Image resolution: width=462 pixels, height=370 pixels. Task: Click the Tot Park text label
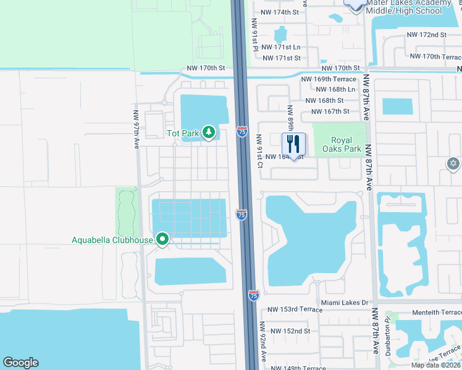click(x=183, y=133)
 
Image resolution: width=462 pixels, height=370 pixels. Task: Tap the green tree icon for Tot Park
click(x=209, y=132)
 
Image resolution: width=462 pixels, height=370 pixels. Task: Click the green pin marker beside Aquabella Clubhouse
click(x=162, y=239)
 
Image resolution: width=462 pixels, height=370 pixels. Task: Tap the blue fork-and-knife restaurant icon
click(x=293, y=144)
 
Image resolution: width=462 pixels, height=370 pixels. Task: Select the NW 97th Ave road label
click(x=136, y=129)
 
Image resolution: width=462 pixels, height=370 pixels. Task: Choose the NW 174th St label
click(x=280, y=12)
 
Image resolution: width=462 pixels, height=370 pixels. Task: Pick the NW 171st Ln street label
click(x=281, y=47)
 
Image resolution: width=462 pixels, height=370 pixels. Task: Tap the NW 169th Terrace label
click(x=329, y=79)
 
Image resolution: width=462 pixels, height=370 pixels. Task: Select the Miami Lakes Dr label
click(x=345, y=303)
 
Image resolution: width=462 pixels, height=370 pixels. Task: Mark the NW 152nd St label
click(x=289, y=331)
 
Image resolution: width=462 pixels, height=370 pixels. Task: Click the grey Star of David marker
click(x=453, y=163)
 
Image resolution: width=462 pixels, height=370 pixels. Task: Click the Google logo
click(x=20, y=363)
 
